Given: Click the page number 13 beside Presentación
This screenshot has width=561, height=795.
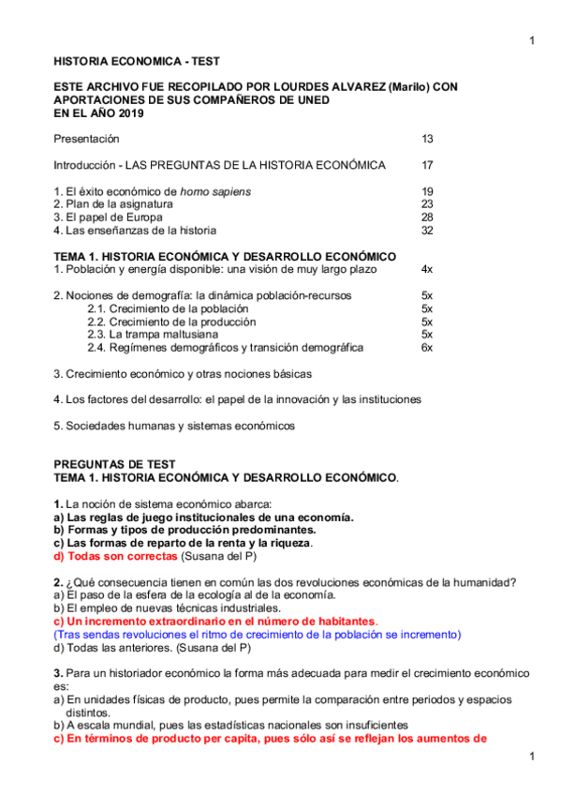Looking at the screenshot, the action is click(427, 139).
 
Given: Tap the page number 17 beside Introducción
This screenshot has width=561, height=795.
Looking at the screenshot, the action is click(427, 165).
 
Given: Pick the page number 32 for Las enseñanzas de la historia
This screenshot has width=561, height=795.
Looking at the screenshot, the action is click(427, 230).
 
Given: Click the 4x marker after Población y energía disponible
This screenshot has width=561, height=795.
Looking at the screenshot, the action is click(426, 269).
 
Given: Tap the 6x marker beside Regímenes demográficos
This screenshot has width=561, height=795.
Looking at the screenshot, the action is click(426, 348).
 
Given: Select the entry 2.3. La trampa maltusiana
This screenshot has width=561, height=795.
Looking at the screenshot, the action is click(146, 335).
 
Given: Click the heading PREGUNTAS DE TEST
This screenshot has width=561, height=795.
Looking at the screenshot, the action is click(114, 464).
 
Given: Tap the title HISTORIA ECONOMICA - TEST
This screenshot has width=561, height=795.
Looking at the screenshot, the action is click(137, 60).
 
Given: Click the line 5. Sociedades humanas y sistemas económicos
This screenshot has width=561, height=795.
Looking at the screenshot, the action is click(174, 426).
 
